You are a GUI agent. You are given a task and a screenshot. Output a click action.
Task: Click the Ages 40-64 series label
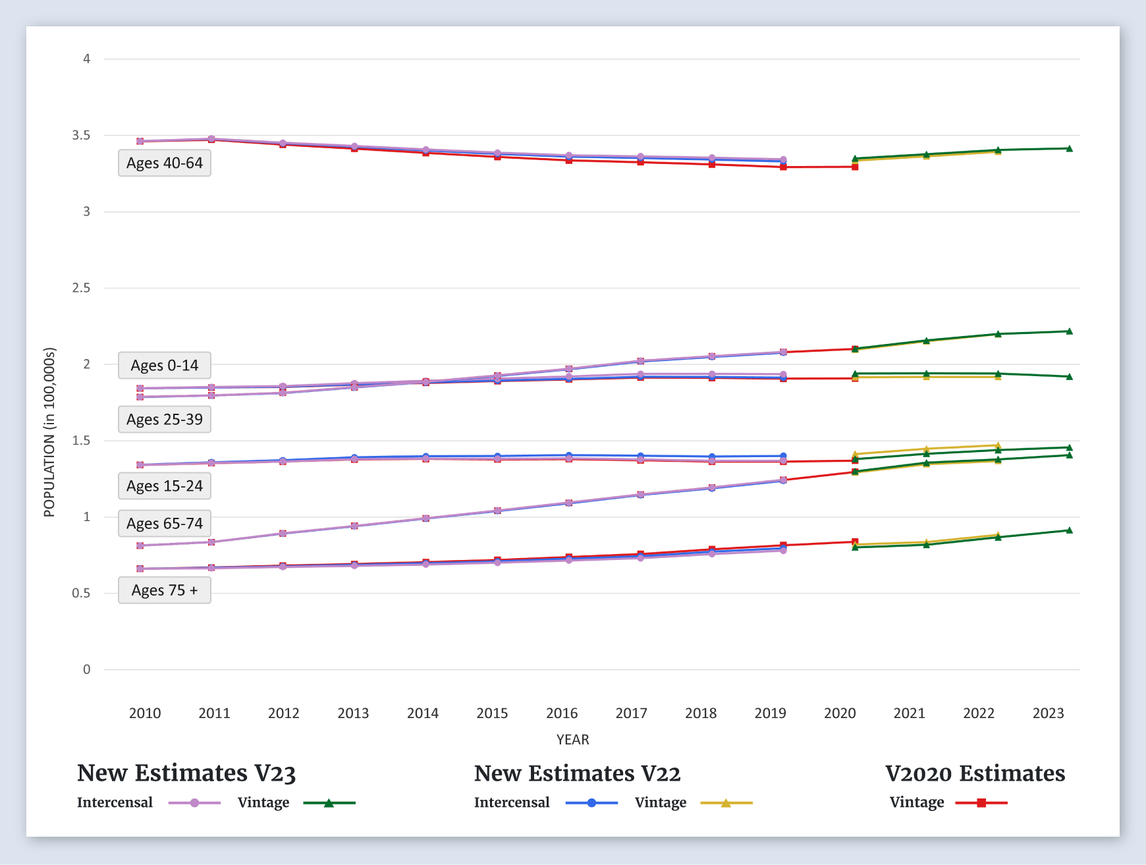(x=165, y=163)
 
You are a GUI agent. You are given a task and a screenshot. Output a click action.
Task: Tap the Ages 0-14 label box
(x=165, y=365)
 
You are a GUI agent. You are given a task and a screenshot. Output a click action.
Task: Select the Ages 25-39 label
(x=165, y=419)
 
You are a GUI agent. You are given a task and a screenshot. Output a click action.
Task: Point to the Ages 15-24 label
(x=165, y=486)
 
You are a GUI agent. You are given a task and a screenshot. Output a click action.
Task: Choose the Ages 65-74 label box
(x=165, y=523)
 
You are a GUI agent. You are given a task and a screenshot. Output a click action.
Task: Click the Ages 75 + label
(x=165, y=590)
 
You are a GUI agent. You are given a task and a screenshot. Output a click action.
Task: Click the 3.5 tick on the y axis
(x=81, y=135)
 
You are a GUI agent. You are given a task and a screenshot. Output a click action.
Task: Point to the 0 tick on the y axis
(x=86, y=669)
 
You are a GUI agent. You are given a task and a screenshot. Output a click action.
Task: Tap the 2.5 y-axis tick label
(x=81, y=288)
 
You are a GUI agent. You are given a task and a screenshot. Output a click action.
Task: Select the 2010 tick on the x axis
(x=145, y=713)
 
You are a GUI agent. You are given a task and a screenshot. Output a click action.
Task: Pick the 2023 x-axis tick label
(x=1048, y=713)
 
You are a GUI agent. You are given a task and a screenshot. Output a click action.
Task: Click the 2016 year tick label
(x=562, y=713)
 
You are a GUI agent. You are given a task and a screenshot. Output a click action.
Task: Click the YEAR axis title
(x=572, y=739)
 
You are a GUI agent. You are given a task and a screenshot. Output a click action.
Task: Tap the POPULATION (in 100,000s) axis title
(x=49, y=432)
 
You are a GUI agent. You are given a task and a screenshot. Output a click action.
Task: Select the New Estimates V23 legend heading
(x=186, y=773)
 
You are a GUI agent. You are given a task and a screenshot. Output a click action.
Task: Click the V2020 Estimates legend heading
(x=975, y=773)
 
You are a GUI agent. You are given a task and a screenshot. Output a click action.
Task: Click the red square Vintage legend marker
(x=981, y=802)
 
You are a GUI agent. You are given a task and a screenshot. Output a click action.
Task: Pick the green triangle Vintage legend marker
(x=329, y=802)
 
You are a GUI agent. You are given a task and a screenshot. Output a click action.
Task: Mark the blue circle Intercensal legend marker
(x=591, y=802)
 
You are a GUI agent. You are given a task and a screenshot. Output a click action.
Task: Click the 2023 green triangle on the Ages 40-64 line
(x=1069, y=148)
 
